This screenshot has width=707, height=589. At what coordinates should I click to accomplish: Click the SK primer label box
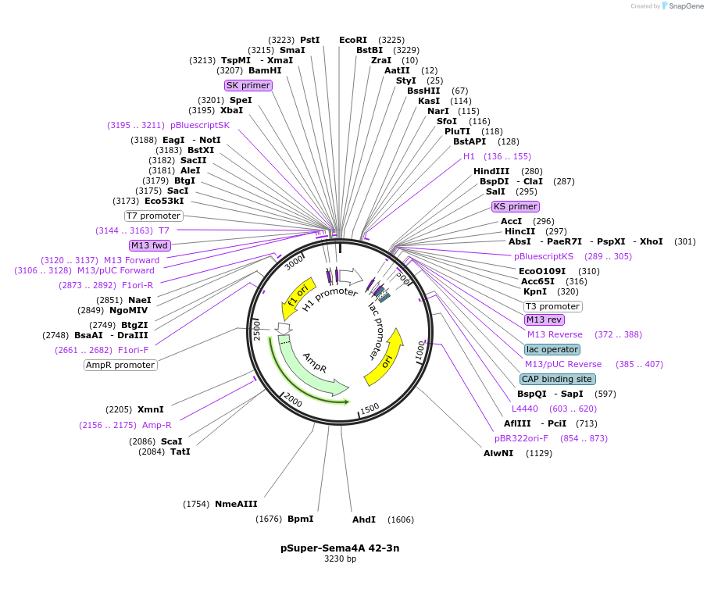[248, 85]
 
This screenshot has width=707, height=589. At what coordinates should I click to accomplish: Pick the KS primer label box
[515, 206]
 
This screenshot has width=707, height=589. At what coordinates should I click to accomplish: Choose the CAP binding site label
[558, 379]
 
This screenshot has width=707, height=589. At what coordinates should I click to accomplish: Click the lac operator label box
[552, 349]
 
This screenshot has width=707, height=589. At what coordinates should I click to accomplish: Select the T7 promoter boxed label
[153, 216]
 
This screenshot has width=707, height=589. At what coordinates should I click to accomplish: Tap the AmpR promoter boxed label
[120, 365]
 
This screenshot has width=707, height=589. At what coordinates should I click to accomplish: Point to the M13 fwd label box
[149, 245]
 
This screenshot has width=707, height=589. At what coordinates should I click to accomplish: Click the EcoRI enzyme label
[352, 39]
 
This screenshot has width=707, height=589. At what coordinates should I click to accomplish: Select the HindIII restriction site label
[491, 171]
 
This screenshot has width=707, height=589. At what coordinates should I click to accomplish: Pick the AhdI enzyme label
[364, 519]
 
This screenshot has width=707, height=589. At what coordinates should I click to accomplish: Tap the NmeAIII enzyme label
[236, 504]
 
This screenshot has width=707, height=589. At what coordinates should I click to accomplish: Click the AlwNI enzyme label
[498, 452]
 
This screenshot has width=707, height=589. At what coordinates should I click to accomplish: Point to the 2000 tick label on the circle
[294, 400]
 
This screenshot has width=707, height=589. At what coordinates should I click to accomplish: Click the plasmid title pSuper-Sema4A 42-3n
[340, 548]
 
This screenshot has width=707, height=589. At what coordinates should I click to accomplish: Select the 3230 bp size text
[340, 559]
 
